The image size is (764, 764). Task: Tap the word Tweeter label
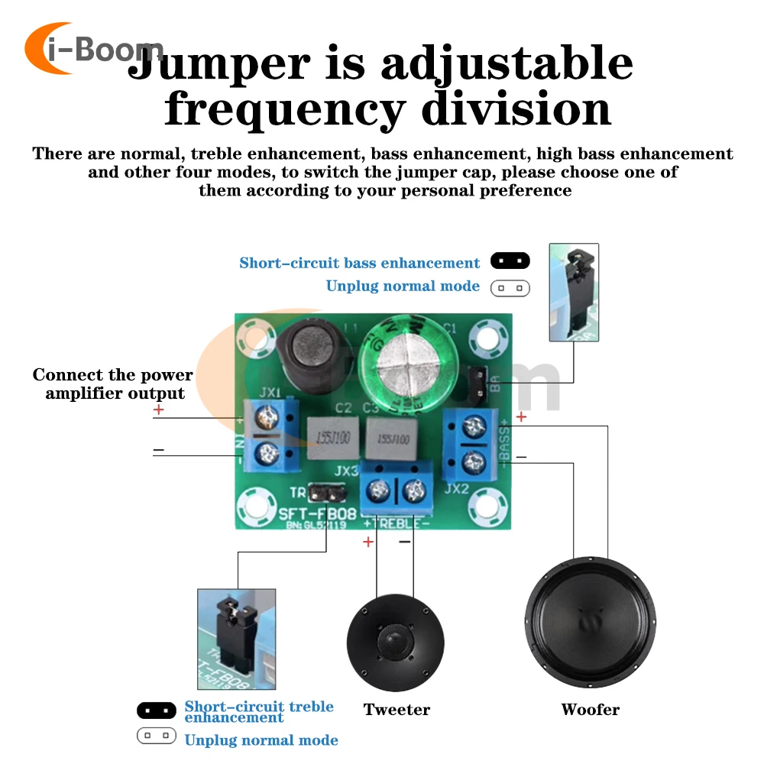397,710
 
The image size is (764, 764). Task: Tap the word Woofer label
590,710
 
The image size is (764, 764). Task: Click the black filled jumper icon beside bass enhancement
510,262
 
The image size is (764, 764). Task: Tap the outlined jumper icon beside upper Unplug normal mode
510,288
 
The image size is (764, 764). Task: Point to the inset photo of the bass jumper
574,292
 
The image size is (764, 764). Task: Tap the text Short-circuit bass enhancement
359,263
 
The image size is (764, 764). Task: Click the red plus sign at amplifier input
158,410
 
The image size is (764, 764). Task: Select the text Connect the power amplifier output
113,384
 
